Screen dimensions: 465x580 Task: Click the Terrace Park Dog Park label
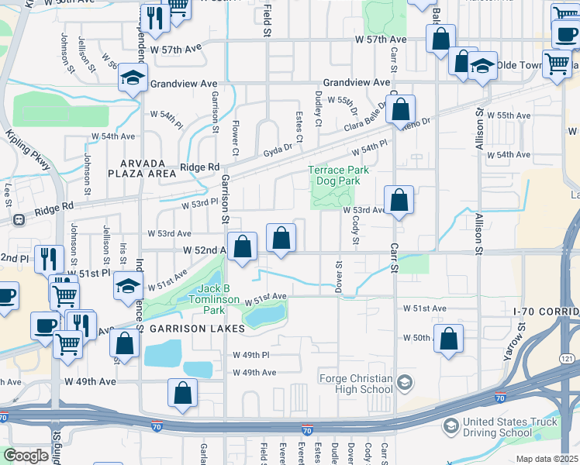click(x=338, y=175)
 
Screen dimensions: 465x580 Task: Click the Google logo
click(x=26, y=456)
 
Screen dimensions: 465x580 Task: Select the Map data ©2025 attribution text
click(x=547, y=459)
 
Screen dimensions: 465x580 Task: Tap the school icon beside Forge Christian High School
click(x=404, y=382)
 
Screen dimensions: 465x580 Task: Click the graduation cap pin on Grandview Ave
click(x=133, y=77)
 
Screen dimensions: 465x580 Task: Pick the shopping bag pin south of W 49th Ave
click(x=182, y=392)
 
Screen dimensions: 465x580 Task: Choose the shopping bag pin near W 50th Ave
click(x=448, y=338)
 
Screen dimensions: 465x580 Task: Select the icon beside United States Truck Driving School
click(x=451, y=426)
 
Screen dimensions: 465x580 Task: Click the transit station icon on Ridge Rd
click(x=18, y=219)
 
